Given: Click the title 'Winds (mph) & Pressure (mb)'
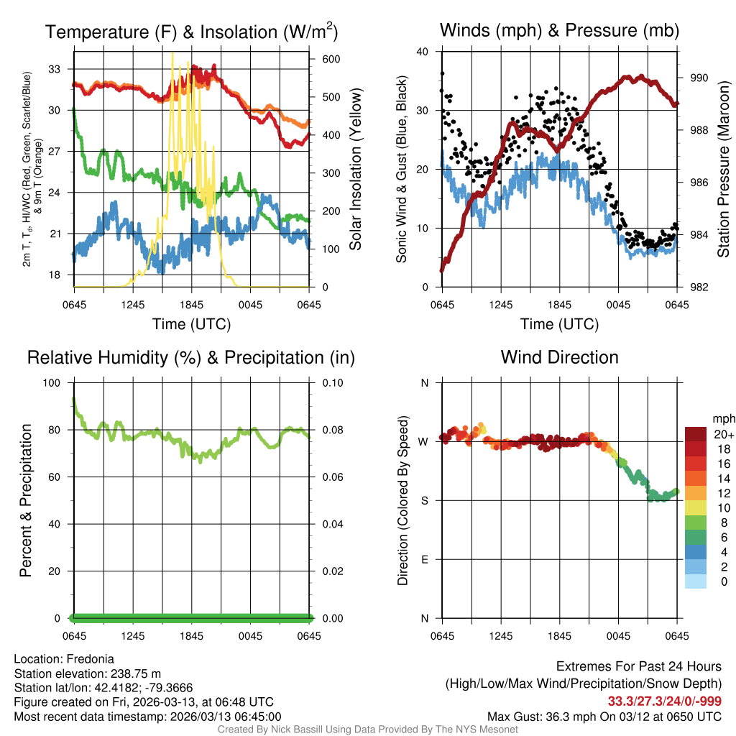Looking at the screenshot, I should (x=559, y=30).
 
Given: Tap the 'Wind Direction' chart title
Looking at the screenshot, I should (x=559, y=357).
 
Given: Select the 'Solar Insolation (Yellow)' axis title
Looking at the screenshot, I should (x=355, y=169).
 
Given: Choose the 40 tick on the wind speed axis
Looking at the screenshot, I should (x=423, y=52).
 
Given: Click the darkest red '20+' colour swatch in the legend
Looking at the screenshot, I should (x=696, y=433).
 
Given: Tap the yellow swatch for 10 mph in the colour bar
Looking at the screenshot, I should (x=696, y=507).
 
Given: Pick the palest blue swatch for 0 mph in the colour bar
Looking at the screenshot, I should (x=696, y=580).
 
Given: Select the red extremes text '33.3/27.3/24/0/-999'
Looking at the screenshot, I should (x=665, y=701).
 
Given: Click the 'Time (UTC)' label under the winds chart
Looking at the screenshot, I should (x=560, y=324).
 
